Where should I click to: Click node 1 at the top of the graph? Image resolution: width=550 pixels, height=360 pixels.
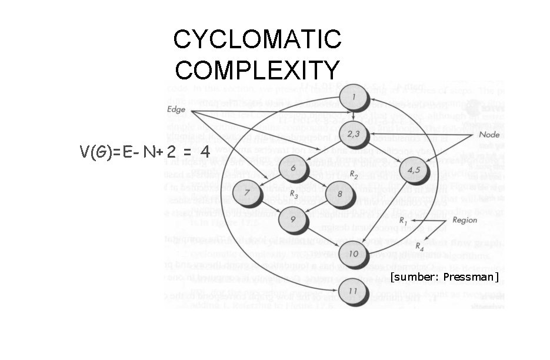353,97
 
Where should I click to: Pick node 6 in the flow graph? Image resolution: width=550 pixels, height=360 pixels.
292,168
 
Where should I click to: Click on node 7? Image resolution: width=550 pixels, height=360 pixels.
246,192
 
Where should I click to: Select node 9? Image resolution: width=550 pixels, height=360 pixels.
293,219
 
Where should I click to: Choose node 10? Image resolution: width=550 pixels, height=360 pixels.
354,254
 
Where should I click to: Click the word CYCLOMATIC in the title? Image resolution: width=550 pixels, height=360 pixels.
257,40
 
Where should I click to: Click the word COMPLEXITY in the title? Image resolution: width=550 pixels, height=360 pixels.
257,69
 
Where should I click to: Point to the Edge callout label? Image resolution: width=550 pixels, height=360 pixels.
176,109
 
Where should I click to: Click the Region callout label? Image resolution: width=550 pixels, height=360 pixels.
464,220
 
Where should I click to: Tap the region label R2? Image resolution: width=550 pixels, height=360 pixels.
354,175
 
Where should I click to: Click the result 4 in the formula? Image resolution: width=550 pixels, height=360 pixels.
205,151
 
